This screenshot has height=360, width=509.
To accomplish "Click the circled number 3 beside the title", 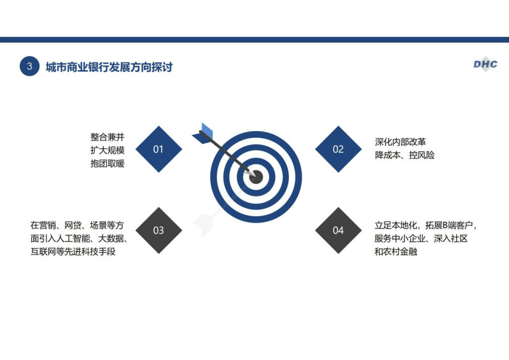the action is (29, 66).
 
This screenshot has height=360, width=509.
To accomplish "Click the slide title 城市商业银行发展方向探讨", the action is (109, 67).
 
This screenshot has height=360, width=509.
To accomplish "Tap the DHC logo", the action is (485, 64).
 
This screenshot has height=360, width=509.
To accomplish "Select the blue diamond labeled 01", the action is (158, 149).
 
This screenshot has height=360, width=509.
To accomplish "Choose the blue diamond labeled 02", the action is (338, 149).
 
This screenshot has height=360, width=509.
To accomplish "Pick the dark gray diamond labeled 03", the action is (158, 230).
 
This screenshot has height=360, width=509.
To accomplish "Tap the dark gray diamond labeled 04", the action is (338, 230).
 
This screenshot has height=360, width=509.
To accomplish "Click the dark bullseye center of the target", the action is (256, 177).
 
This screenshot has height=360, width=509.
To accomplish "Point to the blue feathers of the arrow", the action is (203, 134).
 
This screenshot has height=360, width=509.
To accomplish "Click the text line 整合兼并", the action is (108, 137).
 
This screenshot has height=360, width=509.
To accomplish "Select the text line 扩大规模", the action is (108, 150).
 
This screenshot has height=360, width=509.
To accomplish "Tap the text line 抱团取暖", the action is (108, 163).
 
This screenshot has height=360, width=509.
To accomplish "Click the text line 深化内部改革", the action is (400, 142).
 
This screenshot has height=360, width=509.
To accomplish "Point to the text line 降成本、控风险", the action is (405, 155).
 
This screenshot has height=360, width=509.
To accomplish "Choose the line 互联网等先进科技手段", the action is (73, 252).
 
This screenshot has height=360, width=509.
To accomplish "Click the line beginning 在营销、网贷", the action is (77, 225).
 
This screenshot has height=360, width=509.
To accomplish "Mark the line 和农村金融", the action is (396, 252).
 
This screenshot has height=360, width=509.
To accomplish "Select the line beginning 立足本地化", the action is (426, 225).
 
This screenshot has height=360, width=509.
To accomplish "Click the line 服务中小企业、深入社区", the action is (421, 239).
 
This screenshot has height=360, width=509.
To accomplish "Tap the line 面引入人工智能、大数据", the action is (79, 239).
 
